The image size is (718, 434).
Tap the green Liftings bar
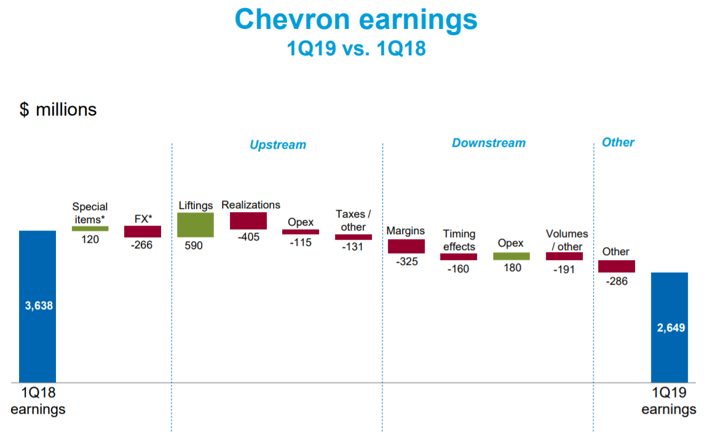pyautogui.click(x=195, y=224)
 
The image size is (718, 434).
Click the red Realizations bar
pyautogui.click(x=248, y=221)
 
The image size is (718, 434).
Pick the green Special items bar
pyautogui.click(x=90, y=228)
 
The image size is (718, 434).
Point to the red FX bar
pyautogui.click(x=143, y=231)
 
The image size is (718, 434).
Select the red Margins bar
pyautogui.click(x=406, y=246)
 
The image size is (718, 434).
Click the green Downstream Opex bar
pyautogui.click(x=511, y=256)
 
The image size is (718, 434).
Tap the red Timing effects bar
pyautogui.click(x=459, y=256)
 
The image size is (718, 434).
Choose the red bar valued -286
pyautogui.click(x=616, y=266)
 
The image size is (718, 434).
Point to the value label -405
pyautogui.click(x=248, y=237)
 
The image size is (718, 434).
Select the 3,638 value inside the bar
pyautogui.click(x=39, y=306)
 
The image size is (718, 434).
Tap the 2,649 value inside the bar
pyautogui.click(x=671, y=328)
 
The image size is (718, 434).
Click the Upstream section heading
pyautogui.click(x=277, y=145)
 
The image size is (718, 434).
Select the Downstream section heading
pyautogui.click(x=489, y=143)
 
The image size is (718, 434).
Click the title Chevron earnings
pyautogui.click(x=356, y=19)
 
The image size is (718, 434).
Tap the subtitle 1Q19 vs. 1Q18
pyautogui.click(x=356, y=49)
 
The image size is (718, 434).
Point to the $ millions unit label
pyautogui.click(x=58, y=109)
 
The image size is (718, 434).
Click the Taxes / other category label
pyautogui.click(x=353, y=220)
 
